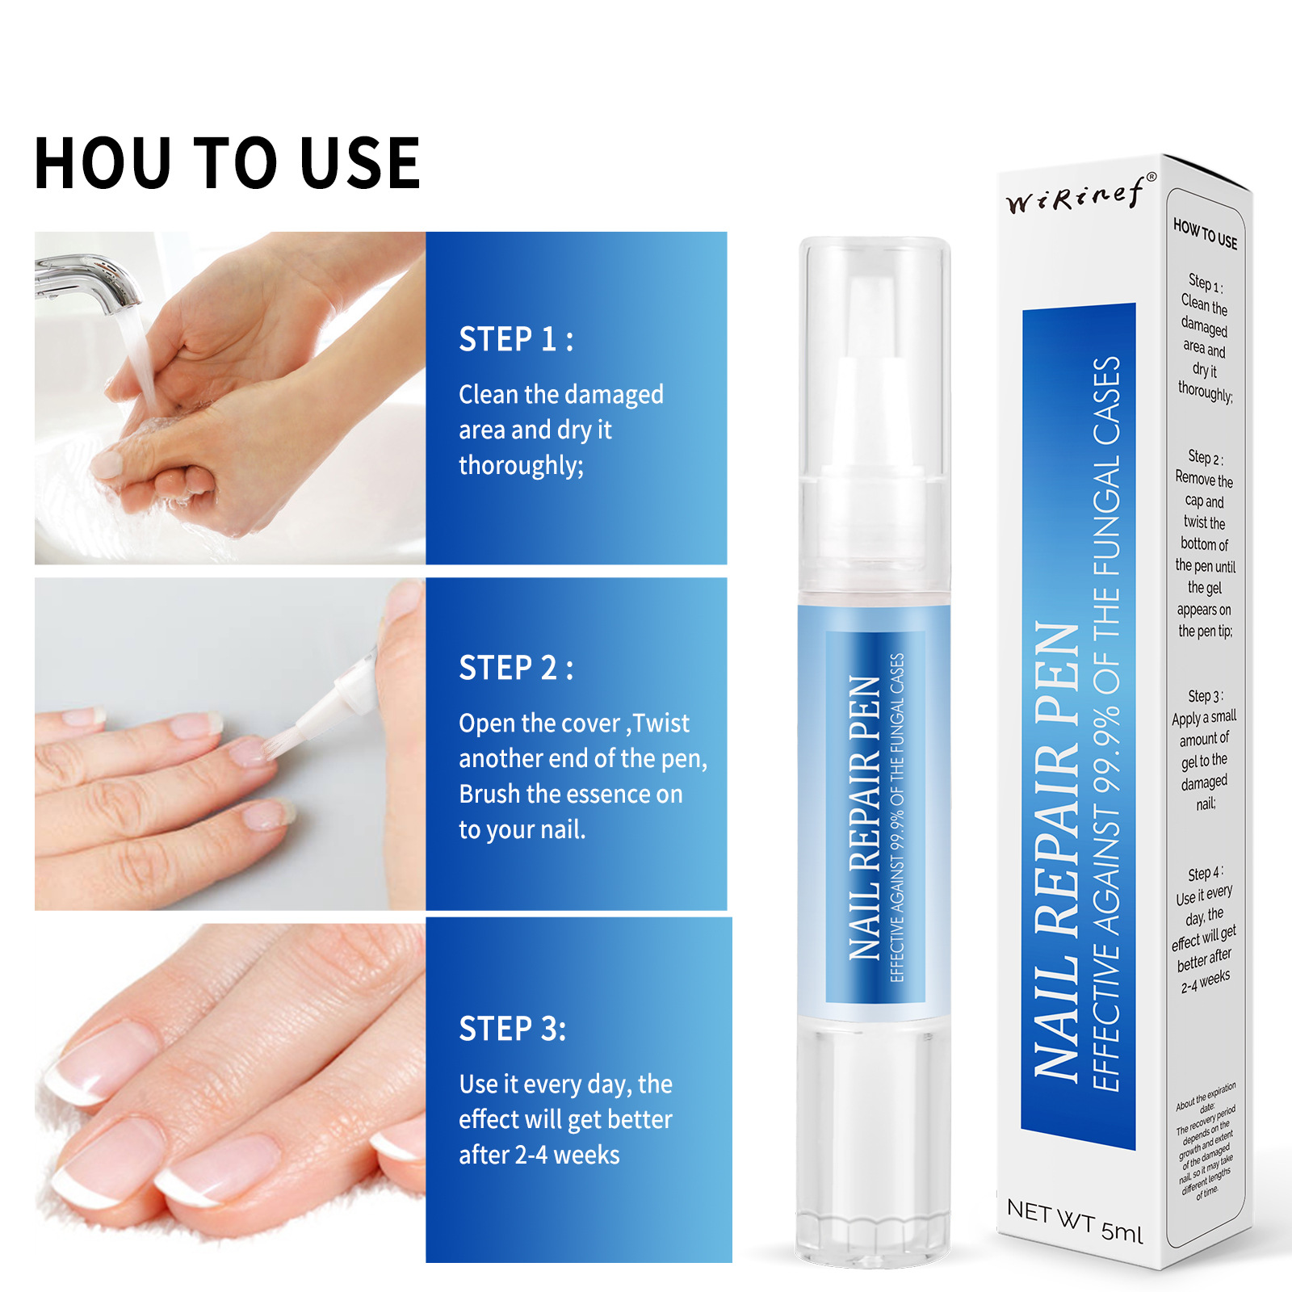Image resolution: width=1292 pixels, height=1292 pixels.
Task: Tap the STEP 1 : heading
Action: pyautogui.click(x=515, y=340)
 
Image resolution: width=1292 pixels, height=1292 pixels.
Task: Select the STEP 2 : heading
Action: pyautogui.click(x=515, y=669)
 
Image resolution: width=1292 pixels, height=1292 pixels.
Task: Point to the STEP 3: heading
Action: pyautogui.click(x=512, y=1030)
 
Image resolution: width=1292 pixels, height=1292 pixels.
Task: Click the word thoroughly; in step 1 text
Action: pyautogui.click(x=521, y=466)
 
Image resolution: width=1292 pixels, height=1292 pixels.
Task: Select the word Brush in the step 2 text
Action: pyautogui.click(x=489, y=795)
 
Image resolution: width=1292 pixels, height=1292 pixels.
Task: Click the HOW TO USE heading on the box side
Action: pyautogui.click(x=1205, y=234)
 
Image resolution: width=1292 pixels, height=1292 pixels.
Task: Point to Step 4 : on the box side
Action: pyautogui.click(x=1205, y=874)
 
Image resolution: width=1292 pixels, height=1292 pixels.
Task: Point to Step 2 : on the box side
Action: pyautogui.click(x=1205, y=458)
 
